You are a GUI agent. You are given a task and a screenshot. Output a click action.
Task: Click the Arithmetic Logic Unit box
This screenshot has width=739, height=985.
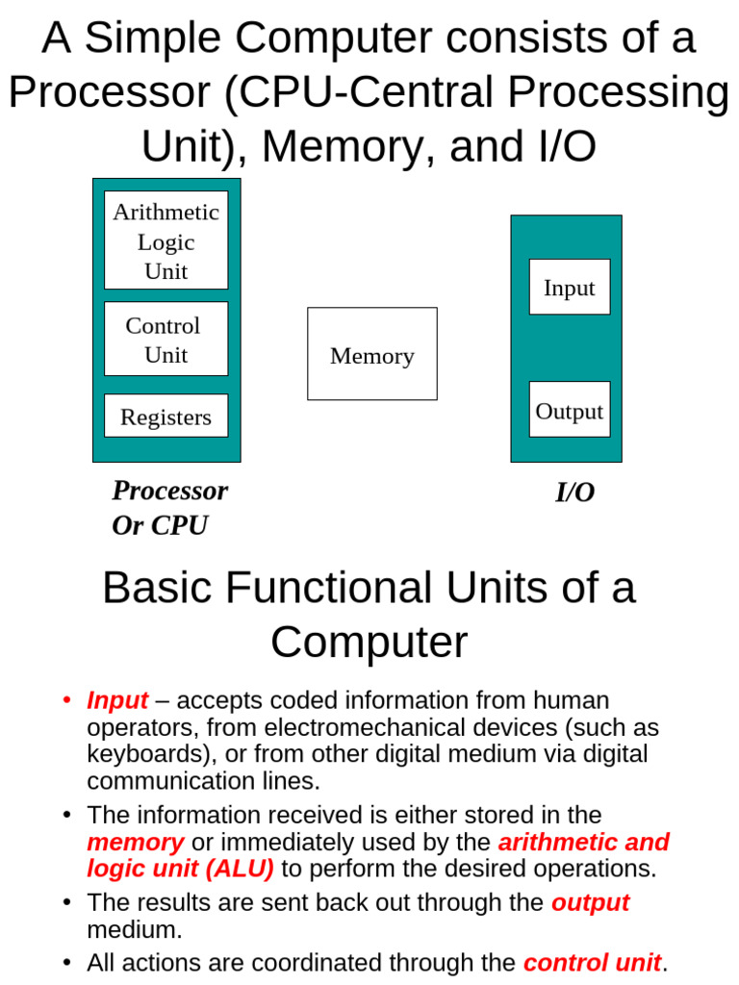click(x=166, y=240)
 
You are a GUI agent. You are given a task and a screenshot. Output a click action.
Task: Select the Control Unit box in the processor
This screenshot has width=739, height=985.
click(x=166, y=339)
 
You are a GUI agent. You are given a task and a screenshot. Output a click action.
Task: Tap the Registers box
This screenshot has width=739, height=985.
click(x=166, y=416)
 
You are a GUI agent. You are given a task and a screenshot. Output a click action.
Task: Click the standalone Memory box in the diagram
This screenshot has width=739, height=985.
click(x=371, y=354)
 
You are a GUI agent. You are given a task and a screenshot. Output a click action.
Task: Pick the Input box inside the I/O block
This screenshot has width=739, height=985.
click(x=569, y=287)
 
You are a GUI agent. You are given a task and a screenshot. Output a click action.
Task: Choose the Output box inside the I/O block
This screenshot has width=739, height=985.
click(x=569, y=410)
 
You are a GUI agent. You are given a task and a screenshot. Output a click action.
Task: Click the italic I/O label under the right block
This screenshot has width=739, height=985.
click(x=574, y=492)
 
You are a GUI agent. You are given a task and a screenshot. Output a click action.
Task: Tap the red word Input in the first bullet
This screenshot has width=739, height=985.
click(x=117, y=700)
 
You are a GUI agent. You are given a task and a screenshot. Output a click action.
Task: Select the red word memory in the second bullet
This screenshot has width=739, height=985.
click(x=135, y=843)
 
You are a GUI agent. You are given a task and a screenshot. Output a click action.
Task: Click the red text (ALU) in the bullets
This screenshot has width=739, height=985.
click(x=238, y=869)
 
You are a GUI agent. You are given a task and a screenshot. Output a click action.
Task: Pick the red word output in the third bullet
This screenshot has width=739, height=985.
click(x=590, y=902)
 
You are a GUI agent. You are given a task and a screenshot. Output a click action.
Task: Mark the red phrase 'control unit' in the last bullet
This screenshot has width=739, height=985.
click(x=592, y=962)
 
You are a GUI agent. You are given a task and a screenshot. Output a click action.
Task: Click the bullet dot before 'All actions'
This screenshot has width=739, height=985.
click(x=66, y=962)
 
